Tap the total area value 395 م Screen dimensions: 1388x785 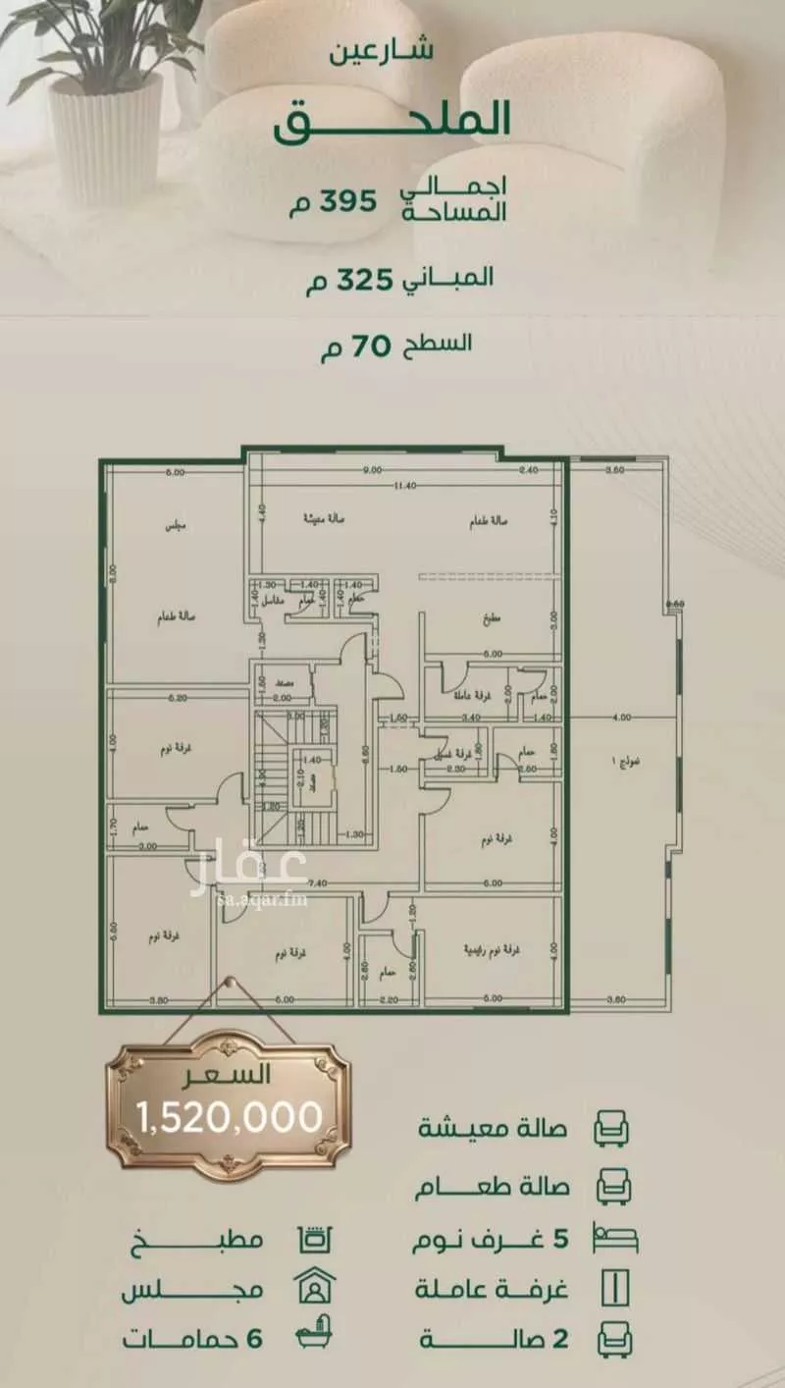coord(335,203)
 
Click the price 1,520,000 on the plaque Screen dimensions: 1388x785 coord(230,1116)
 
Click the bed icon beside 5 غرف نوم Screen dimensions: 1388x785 coord(614,1238)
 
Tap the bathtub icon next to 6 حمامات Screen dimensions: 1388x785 coord(316,1338)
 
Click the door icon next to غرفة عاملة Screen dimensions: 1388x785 coord(614,1287)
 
